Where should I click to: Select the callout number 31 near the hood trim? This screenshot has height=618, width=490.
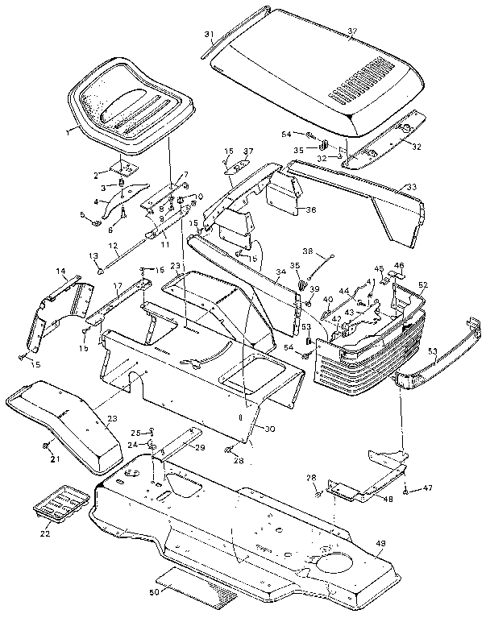click(x=208, y=33)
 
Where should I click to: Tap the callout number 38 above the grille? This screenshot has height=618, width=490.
click(x=307, y=251)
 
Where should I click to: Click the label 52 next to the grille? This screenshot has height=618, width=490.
click(x=423, y=284)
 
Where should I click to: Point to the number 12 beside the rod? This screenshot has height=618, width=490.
click(x=113, y=246)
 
